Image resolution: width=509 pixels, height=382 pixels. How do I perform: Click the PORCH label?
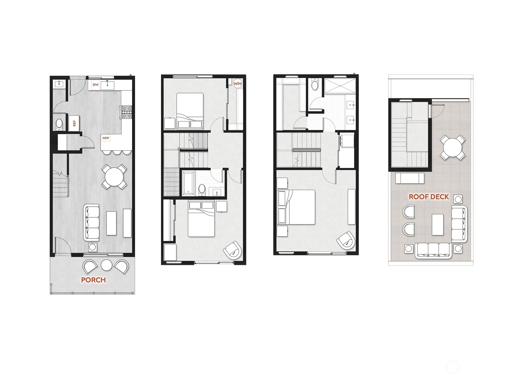93,280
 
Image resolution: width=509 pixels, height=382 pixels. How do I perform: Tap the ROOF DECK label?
429,197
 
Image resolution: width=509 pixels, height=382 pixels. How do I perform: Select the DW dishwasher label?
95,85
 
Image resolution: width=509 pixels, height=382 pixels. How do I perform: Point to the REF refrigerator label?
74,123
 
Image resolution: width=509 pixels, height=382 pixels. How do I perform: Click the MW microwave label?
106,138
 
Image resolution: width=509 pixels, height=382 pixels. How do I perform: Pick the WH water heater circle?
237,84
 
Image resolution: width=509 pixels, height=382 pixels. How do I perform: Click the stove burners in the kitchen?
127,111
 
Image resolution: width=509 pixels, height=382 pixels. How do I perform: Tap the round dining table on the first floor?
114,177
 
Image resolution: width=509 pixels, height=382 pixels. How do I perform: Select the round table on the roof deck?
452,147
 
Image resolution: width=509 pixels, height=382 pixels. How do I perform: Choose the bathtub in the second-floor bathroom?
188,183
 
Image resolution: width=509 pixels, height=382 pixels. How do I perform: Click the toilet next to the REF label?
59,124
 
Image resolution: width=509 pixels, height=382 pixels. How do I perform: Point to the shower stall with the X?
340,86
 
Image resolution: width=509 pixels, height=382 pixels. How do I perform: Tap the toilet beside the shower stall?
315,84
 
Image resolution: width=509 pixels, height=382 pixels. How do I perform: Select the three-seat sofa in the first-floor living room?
91,223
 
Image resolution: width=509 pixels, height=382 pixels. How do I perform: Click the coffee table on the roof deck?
437,224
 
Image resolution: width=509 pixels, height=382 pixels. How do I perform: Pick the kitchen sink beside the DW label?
107,85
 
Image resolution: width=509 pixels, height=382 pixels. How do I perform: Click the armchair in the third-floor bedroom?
346,241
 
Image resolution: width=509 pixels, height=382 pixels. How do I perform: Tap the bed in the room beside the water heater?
190,111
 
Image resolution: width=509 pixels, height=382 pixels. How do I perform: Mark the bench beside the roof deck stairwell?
410,178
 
